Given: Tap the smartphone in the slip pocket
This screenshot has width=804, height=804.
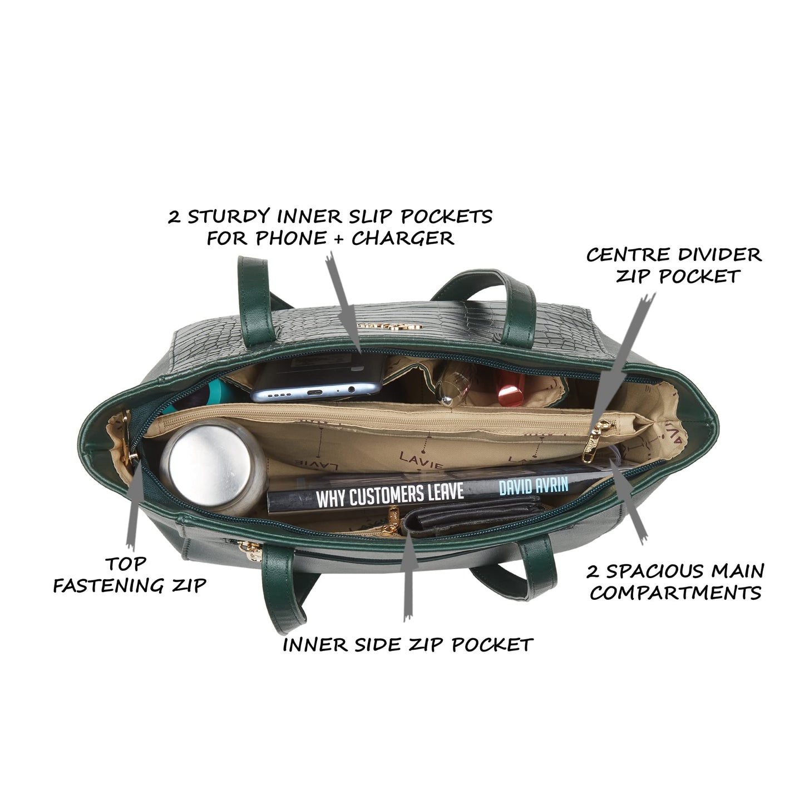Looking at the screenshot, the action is tap(318, 378).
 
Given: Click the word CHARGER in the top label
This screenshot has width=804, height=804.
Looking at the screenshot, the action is tap(403, 239).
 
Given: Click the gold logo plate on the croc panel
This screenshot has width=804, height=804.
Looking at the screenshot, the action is tap(390, 326).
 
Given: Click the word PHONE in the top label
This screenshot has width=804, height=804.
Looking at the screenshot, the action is tap(291, 239).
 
